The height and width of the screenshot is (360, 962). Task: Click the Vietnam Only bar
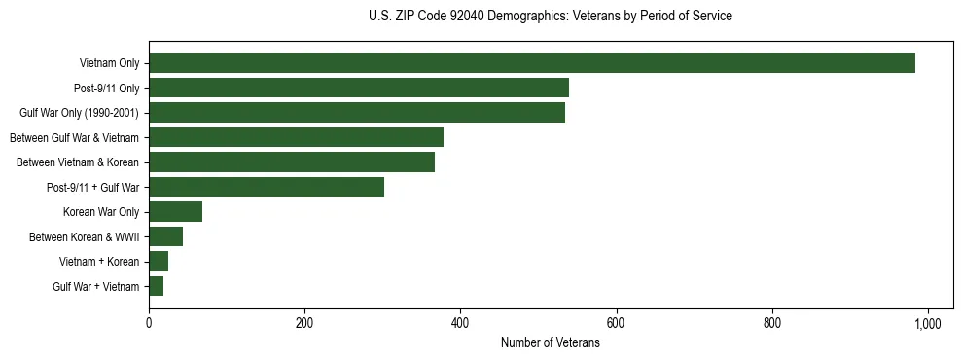532,63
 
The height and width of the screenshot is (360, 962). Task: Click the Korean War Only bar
175,212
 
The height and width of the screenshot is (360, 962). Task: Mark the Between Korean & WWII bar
165,236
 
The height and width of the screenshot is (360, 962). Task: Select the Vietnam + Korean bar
159,262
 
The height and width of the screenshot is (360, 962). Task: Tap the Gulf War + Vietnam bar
156,286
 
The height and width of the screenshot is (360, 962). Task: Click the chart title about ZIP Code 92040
551,17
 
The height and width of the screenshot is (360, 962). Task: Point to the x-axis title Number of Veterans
551,343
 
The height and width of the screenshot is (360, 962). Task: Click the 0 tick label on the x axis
149,323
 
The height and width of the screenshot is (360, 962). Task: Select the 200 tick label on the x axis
304,323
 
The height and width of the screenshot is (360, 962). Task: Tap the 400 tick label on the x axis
460,323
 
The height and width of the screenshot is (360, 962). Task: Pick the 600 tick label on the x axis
617,323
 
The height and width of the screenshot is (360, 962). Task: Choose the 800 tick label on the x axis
772,323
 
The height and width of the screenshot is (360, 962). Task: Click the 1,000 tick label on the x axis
928,323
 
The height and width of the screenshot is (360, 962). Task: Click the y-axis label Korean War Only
101,212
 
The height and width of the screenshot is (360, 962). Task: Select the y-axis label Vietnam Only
109,63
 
